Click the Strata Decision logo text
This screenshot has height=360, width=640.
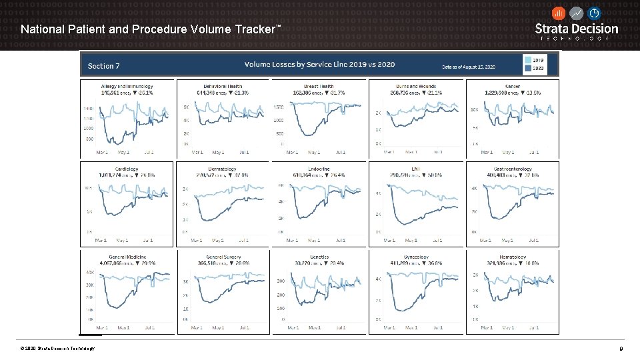pos(577,29)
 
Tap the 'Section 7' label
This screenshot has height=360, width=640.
pos(103,65)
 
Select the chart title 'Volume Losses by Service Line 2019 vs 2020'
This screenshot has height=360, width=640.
pos(319,64)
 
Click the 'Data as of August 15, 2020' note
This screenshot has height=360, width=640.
pos(468,67)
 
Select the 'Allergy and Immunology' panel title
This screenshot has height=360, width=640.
pos(127,86)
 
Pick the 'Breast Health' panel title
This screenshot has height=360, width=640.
pos(319,86)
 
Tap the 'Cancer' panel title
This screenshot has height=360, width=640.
pos(513,86)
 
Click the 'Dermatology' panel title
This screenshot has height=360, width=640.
pos(222,169)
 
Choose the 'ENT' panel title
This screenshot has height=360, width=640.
pos(415,169)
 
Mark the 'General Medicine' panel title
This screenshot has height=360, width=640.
pos(126,257)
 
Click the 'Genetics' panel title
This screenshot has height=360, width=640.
pos(319,257)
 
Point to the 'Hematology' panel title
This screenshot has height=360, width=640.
pos(512,257)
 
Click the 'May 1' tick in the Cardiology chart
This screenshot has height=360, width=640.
pos(122,240)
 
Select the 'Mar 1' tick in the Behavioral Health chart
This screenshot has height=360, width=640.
pos(197,153)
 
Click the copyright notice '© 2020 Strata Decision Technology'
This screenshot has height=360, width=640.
pos(57,349)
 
